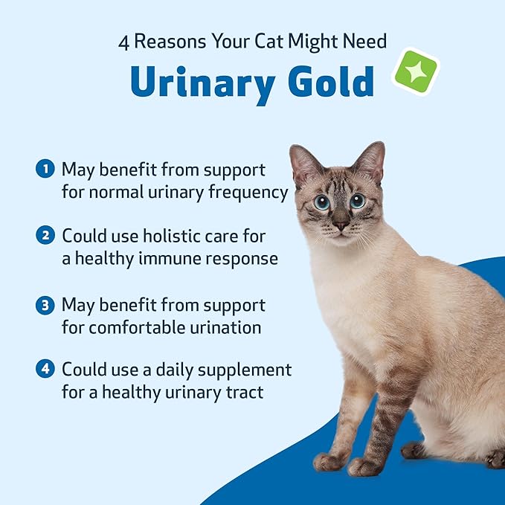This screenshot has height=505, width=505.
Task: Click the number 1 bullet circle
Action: click(45, 170)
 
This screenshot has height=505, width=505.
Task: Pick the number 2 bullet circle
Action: click(45, 236)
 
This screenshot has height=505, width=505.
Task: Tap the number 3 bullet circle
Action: click(45, 305)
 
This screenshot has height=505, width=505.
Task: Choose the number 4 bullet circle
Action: click(45, 369)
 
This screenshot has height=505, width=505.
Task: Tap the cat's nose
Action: click(341, 224)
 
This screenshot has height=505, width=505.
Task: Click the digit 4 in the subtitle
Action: click(124, 41)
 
